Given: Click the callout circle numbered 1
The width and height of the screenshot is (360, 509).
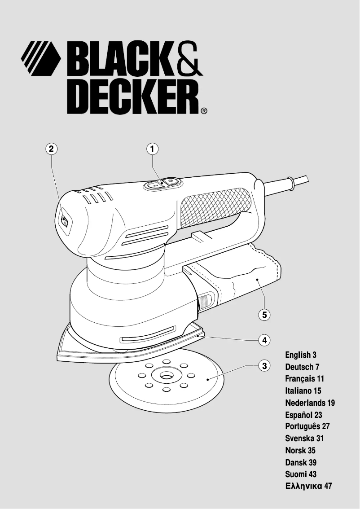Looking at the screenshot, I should [x=153, y=149].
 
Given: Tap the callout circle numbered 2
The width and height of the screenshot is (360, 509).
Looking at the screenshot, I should [x=51, y=149].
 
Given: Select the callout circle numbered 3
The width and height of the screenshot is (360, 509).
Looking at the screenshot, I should [x=265, y=365].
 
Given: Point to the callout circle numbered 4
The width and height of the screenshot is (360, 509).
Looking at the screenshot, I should [x=265, y=340].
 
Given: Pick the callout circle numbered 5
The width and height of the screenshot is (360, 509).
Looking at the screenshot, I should [x=265, y=315].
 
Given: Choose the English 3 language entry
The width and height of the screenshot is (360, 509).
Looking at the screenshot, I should [x=301, y=355].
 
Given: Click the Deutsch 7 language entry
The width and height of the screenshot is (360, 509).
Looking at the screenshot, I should [x=302, y=367].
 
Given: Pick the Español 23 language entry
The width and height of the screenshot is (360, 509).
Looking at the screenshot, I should [x=303, y=415].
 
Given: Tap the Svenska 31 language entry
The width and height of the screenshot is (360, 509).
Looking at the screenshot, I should [x=304, y=438].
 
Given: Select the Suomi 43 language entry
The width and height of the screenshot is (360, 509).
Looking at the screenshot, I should [x=301, y=474].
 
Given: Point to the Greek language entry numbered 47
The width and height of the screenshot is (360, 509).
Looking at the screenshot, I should [x=308, y=486].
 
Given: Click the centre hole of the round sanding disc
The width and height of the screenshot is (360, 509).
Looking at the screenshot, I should [x=166, y=374].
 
